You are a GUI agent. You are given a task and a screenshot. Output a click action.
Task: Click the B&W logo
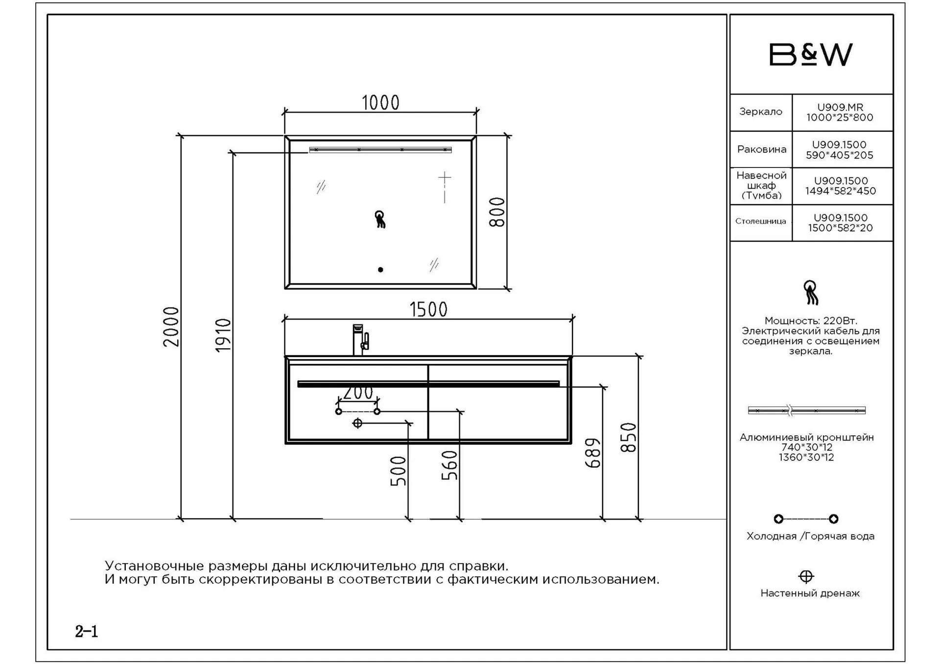coord(811,54)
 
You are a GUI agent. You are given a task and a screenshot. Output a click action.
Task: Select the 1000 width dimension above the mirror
coord(380,103)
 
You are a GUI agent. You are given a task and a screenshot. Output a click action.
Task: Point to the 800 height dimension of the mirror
coord(497,212)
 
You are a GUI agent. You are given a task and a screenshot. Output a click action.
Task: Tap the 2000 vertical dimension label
coord(171,327)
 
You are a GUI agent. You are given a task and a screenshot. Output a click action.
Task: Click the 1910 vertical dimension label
coord(223,335)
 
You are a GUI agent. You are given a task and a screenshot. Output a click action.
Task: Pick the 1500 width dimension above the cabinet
coord(428,309)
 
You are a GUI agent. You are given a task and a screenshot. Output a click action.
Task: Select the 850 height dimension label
coord(628,437)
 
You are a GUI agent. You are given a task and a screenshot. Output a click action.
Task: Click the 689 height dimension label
coord(593,453)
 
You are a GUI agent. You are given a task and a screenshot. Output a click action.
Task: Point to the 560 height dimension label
coord(449,465)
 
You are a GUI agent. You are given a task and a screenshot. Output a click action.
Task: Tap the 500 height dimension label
coord(398,471)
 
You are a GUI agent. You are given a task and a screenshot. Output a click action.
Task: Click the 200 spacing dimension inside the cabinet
coord(358,393)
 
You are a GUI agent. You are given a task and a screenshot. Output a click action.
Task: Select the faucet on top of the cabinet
coord(360,339)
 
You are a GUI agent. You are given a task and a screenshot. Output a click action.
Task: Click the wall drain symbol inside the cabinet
coord(357,423)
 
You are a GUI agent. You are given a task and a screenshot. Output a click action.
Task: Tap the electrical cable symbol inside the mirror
coord(380,219)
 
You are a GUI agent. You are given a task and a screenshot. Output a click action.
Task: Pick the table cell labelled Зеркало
coord(761,112)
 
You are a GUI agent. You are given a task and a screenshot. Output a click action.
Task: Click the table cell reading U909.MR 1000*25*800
coord(842,112)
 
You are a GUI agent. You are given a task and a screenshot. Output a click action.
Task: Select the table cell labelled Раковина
coord(761,149)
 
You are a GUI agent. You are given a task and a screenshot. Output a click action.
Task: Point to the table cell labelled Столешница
coord(761,223)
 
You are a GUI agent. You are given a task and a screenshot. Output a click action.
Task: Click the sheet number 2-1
coord(87,632)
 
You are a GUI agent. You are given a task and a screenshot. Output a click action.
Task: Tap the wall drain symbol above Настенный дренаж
coord(806,576)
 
